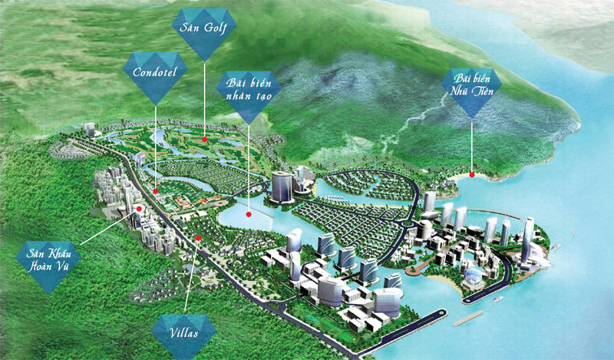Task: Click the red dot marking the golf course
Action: coord(205,140)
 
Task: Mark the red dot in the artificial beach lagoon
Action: coord(249,216)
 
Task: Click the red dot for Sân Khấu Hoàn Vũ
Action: coord(139,208)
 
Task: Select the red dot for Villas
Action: coord(198,239)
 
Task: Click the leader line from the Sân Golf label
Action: coord(205,100)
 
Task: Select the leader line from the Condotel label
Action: coord(156,146)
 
